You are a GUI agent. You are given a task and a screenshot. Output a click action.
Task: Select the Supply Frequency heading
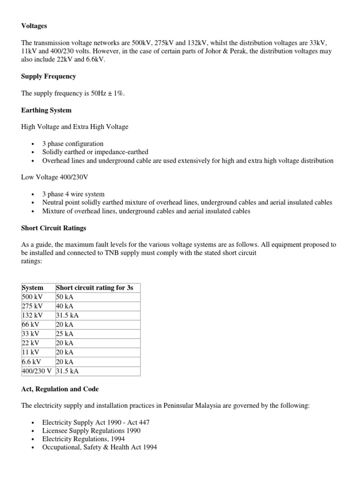48,76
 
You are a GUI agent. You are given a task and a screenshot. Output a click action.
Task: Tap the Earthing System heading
46,110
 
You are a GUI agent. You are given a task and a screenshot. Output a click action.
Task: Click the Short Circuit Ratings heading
53,228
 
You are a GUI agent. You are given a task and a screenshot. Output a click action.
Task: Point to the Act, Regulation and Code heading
60,389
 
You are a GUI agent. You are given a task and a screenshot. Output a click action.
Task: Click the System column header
33,288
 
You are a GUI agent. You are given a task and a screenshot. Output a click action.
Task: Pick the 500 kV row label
33,297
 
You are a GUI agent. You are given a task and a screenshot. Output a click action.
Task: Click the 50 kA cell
65,297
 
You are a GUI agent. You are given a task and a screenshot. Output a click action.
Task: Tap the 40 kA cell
65,306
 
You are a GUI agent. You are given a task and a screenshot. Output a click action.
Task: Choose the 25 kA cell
65,334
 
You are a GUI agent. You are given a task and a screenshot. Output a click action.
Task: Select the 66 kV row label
31,324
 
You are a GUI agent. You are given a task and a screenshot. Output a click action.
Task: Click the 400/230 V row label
37,371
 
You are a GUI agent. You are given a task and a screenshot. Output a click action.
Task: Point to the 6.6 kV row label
31,361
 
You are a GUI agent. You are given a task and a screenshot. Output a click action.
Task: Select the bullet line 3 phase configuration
73,144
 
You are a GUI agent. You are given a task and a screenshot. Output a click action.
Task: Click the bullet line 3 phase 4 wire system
73,194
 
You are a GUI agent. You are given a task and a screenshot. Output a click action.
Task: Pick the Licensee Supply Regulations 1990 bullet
91,430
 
